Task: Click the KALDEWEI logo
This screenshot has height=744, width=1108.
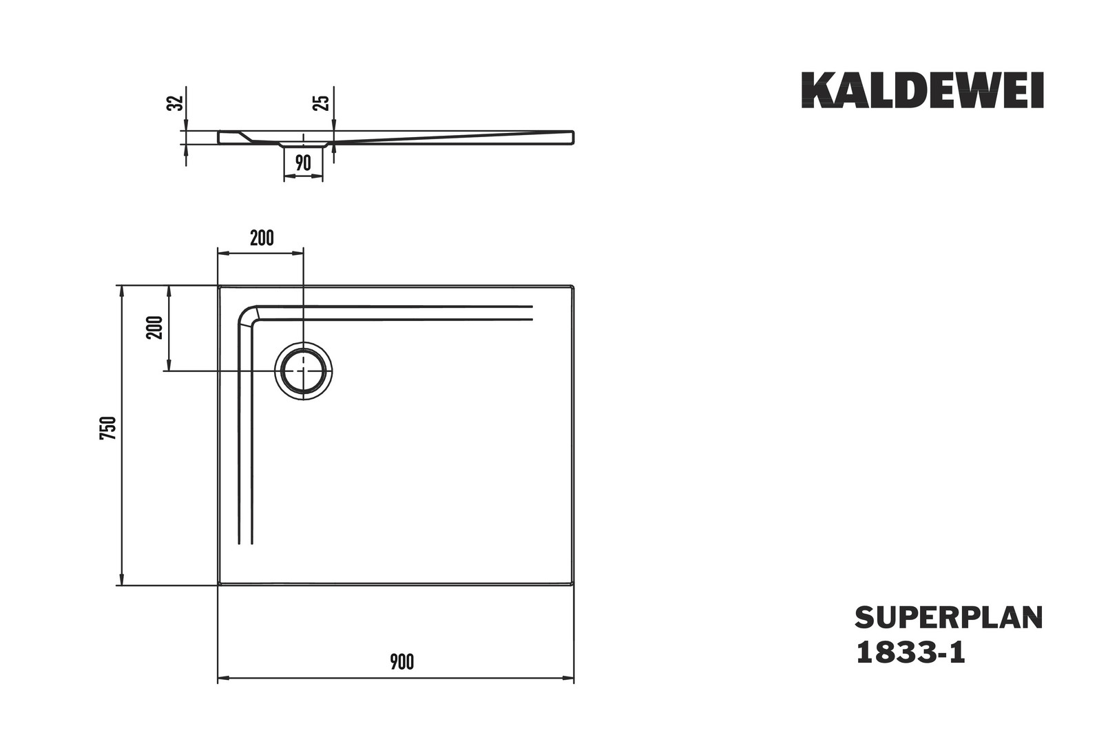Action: (923, 90)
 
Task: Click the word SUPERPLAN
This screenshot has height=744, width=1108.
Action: (949, 619)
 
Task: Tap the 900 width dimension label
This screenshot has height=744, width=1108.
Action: (401, 662)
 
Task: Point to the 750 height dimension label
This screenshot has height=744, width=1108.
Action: (108, 428)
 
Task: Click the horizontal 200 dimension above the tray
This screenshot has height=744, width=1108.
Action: (262, 238)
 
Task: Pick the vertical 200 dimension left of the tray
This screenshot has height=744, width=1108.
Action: (154, 327)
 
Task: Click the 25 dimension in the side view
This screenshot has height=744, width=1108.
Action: (322, 103)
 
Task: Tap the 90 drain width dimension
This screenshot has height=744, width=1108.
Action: (303, 163)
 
